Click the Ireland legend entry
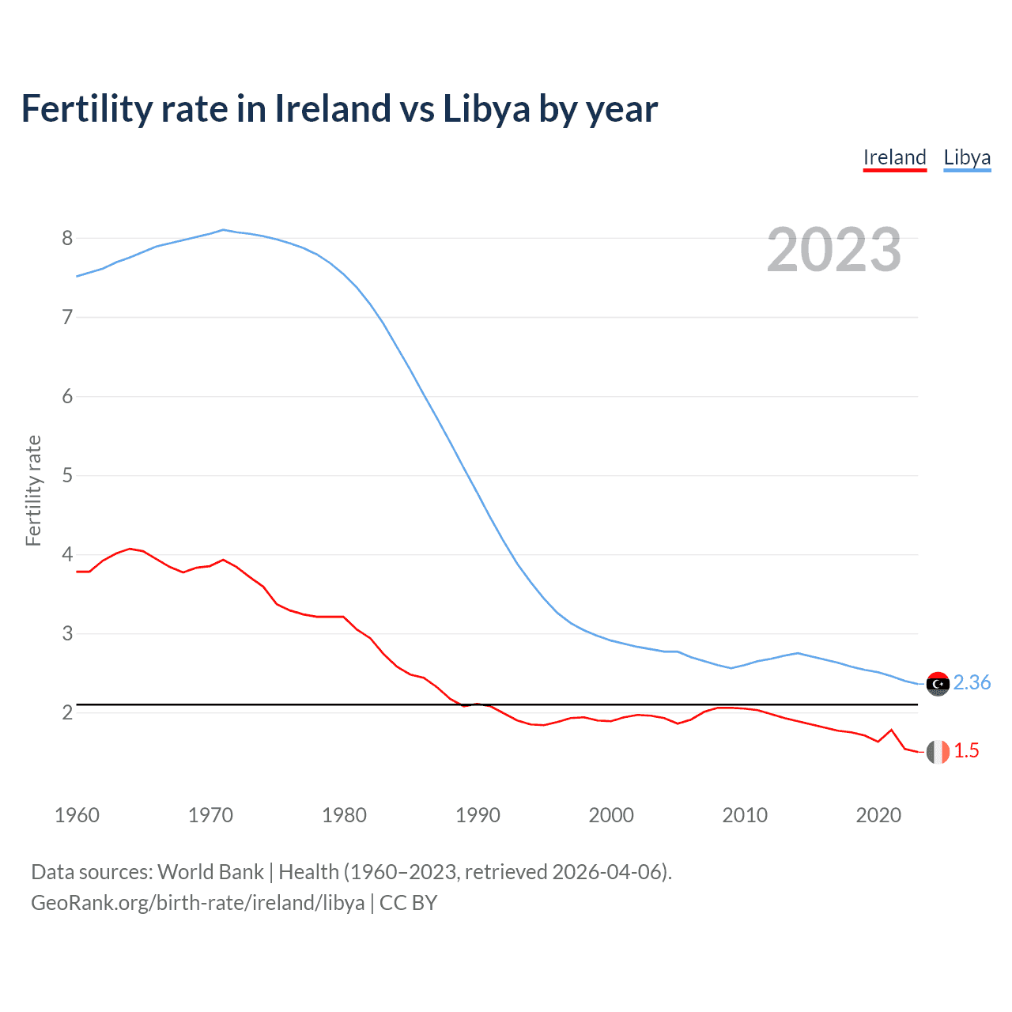click(x=894, y=157)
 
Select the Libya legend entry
click(x=967, y=157)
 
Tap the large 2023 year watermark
click(x=834, y=250)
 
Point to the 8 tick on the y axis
click(x=67, y=238)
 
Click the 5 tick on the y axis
click(x=67, y=475)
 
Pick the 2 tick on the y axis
click(x=67, y=712)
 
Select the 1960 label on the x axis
click(x=77, y=815)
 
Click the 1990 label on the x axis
click(x=478, y=815)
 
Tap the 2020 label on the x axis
click(x=878, y=815)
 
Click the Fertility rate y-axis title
click(x=33, y=490)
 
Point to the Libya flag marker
click(x=938, y=683)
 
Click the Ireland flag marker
click(x=938, y=751)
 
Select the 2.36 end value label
click(x=972, y=682)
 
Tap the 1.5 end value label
click(x=966, y=750)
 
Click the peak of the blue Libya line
click(x=224, y=230)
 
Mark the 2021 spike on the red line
click(x=892, y=730)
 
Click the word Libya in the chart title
click(x=485, y=108)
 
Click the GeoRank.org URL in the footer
click(x=198, y=903)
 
